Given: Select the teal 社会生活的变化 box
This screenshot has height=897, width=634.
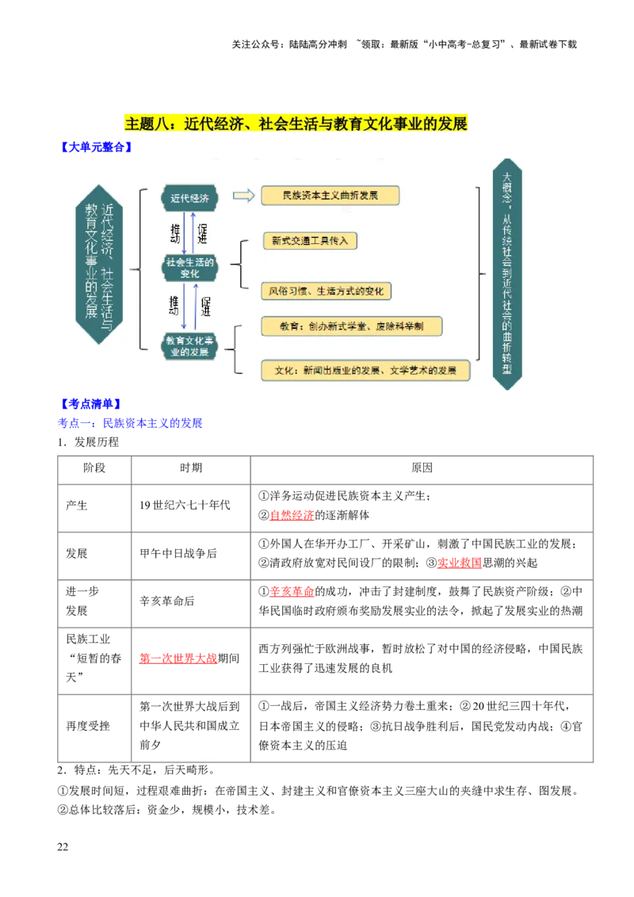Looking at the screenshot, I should pos(189,268).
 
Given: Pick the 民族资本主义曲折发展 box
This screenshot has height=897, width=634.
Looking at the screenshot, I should pos(330,196).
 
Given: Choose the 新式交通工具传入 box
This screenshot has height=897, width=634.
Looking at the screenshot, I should pos(309,241).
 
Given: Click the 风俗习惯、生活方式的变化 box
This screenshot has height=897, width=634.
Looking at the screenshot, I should pos(326,291).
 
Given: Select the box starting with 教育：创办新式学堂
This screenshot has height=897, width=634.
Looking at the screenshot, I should pos(351,326).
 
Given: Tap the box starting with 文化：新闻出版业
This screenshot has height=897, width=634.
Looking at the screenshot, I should pos(365,370).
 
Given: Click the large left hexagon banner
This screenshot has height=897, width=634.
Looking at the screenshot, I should pos(100,264).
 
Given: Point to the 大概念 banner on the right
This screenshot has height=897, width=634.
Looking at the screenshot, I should pos(507,273).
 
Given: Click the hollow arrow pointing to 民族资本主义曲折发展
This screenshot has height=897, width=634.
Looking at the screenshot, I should pos(243,196).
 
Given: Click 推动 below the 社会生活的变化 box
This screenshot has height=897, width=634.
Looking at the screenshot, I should pos(174,306).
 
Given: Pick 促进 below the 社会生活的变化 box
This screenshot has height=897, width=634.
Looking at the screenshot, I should pos(205,306).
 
